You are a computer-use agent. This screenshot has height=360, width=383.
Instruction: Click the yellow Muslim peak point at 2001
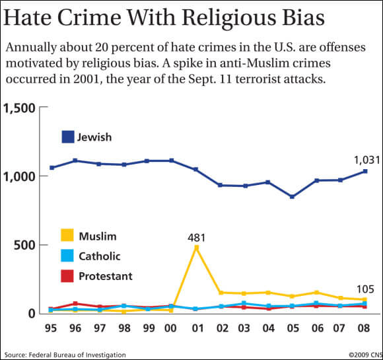click(x=195, y=248)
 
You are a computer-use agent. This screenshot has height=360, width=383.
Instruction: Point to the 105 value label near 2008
click(x=365, y=289)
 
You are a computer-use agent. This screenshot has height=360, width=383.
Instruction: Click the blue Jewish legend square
click(x=67, y=137)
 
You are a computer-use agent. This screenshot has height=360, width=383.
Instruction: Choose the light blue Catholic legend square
click(x=67, y=255)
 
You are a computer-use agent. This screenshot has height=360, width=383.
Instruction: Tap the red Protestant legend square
click(x=67, y=275)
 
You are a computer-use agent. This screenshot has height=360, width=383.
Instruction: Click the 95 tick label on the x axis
click(x=52, y=328)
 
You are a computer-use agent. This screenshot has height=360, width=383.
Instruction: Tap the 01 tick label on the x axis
click(x=195, y=328)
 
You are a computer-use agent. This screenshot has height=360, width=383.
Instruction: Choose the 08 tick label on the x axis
click(x=364, y=328)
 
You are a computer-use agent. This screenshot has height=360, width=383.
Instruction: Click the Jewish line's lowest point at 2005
click(x=292, y=197)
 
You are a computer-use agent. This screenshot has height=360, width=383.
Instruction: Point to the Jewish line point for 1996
click(x=75, y=161)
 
